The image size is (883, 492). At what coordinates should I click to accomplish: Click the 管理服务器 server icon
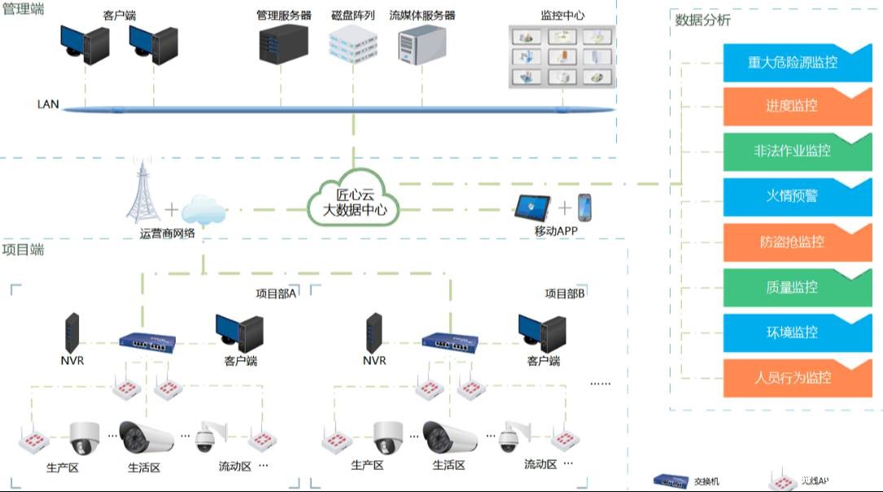[283, 44]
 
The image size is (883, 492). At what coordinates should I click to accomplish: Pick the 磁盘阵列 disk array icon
[353, 44]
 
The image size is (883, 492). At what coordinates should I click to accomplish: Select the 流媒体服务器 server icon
[421, 44]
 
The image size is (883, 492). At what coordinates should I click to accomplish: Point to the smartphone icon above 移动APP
[584, 209]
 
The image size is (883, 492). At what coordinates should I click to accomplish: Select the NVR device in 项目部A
[73, 332]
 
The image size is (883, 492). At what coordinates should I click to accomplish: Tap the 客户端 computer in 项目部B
[543, 332]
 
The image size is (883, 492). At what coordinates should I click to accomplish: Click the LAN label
[48, 105]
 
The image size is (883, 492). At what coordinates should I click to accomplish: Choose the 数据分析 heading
[702, 20]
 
